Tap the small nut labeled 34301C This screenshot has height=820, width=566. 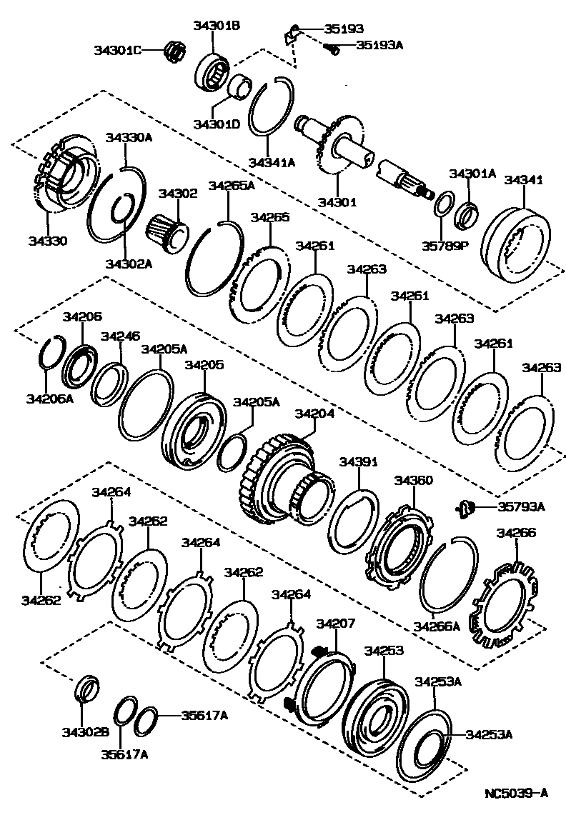coord(172,51)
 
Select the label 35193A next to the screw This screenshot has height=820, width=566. coord(379,44)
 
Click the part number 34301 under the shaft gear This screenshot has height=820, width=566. coord(337,202)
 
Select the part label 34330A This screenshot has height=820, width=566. coord(129,137)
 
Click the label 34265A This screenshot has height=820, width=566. coord(231,186)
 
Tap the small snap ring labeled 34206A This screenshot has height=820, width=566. coord(50,398)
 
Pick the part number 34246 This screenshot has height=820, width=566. coord(120,336)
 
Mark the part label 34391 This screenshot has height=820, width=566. coord(357,462)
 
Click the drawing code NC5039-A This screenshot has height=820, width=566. coord(515,793)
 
